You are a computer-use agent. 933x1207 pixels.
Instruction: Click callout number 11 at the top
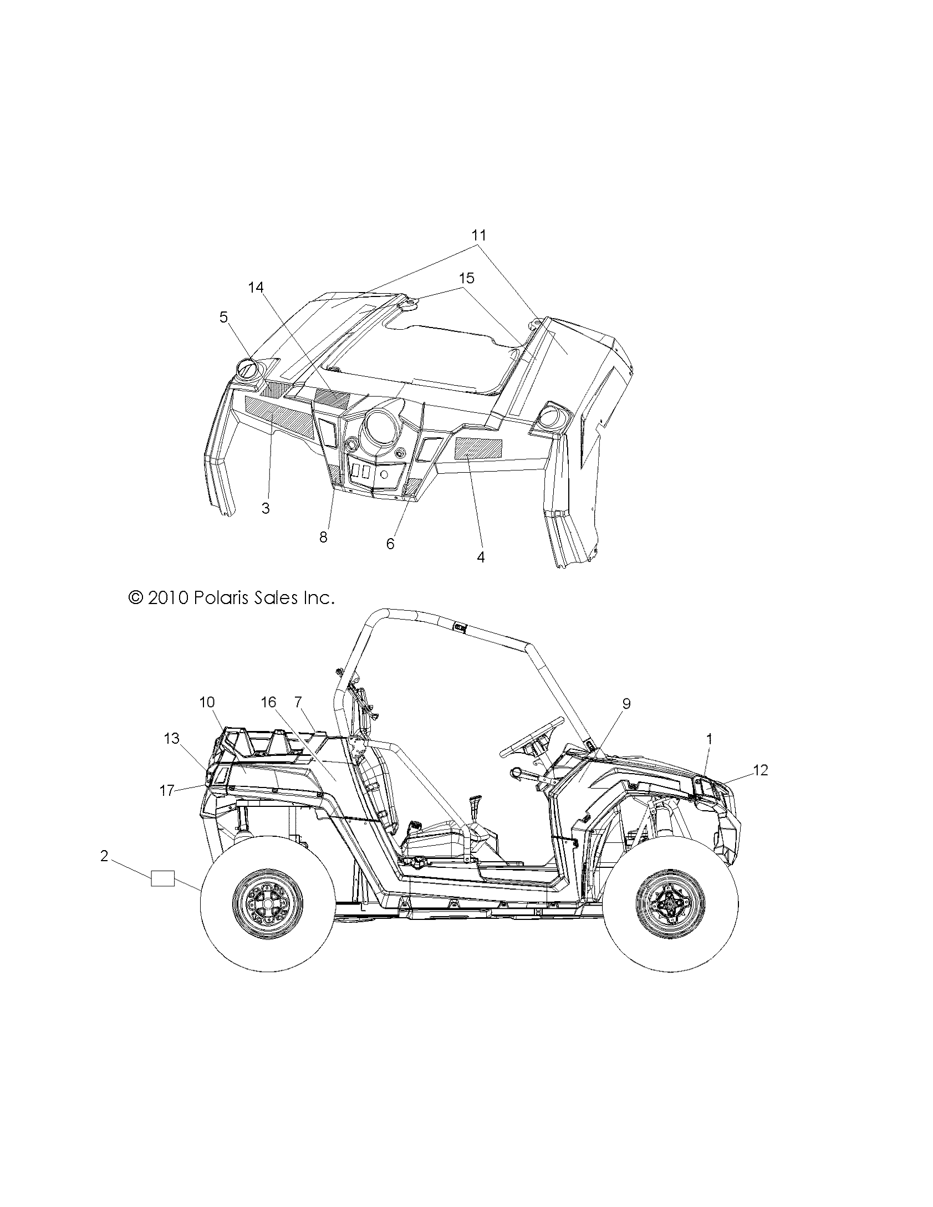(478, 235)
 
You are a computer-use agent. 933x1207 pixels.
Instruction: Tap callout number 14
(256, 287)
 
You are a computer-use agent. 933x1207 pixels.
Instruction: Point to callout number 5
(223, 317)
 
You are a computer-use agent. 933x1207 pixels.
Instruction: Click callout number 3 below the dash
(266, 508)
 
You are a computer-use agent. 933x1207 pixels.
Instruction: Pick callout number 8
(323, 537)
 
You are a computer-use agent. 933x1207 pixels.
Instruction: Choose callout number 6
(390, 544)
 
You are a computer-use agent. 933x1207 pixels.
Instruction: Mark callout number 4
(481, 557)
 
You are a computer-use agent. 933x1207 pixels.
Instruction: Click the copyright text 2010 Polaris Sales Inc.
(231, 598)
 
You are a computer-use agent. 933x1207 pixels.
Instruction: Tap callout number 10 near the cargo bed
(207, 702)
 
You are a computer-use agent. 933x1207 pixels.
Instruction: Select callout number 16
(268, 702)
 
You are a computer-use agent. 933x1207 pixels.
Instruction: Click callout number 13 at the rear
(172, 738)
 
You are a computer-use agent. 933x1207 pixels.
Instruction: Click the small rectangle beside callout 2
(162, 878)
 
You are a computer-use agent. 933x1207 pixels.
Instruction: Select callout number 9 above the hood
(626, 704)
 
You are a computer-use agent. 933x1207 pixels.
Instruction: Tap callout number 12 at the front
(761, 770)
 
